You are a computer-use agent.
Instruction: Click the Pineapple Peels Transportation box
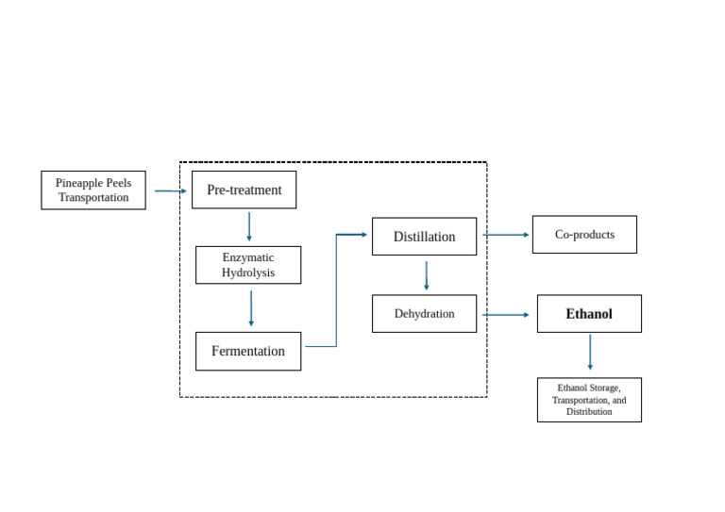pyautogui.click(x=93, y=190)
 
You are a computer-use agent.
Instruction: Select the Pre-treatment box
pyautogui.click(x=244, y=190)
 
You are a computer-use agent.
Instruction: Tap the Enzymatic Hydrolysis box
pyautogui.click(x=248, y=265)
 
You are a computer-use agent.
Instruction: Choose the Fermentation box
pyautogui.click(x=248, y=351)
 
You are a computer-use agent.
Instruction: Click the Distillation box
pyautogui.click(x=424, y=237)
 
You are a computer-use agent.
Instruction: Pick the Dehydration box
pyautogui.click(x=424, y=314)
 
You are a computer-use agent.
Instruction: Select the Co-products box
pyautogui.click(x=584, y=235)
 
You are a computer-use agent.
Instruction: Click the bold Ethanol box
pyautogui.click(x=589, y=314)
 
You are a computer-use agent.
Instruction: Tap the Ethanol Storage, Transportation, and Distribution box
pyautogui.click(x=589, y=400)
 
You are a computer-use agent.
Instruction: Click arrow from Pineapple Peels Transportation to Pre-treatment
pyautogui.click(x=170, y=190)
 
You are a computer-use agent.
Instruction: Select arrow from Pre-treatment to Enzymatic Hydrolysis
pyautogui.click(x=249, y=226)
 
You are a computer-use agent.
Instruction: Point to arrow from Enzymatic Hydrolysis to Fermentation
pyautogui.click(x=251, y=307)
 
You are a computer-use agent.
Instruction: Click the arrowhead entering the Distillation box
pyautogui.click(x=362, y=235)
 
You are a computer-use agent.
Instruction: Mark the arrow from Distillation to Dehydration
pyautogui.click(x=426, y=275)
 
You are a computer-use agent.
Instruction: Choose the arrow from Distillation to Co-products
pyautogui.click(x=507, y=235)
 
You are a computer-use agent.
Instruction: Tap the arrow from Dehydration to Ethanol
pyautogui.click(x=507, y=315)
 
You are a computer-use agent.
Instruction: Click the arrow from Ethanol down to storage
pyautogui.click(x=590, y=352)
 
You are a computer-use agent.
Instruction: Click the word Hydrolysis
pyautogui.click(x=248, y=273)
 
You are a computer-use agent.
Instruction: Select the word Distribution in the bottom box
pyautogui.click(x=589, y=412)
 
